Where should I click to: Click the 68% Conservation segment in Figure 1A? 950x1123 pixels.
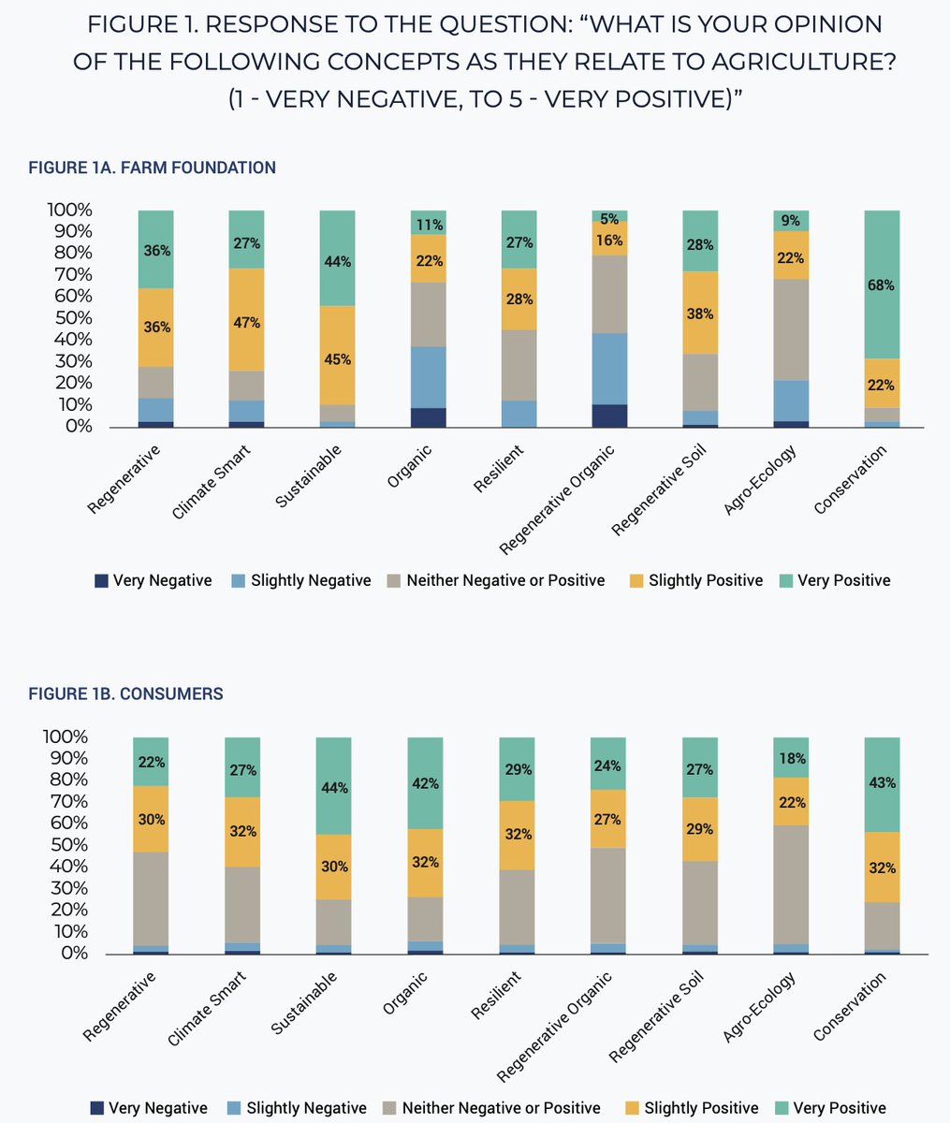(x=882, y=284)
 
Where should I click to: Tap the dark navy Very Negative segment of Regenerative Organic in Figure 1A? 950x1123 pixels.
(x=609, y=416)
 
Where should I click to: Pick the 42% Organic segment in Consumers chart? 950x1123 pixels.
(x=426, y=782)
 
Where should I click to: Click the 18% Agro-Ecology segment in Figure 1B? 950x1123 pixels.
(x=791, y=757)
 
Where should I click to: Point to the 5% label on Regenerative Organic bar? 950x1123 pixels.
(x=609, y=219)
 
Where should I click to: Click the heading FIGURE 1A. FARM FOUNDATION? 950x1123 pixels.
(x=153, y=168)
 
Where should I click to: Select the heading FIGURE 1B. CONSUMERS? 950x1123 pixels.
(x=126, y=694)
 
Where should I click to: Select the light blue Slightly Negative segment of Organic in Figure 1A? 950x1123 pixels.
(x=427, y=377)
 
